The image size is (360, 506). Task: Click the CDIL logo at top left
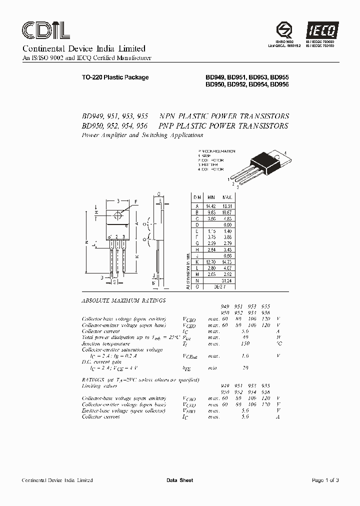[x=45, y=30]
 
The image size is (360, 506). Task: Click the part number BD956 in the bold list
[x=279, y=84]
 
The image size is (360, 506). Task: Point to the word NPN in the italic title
[x=168, y=115]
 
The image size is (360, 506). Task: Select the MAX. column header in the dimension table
[x=227, y=197]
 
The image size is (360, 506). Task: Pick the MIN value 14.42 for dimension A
[x=211, y=205]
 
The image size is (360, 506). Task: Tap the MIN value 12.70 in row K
[x=211, y=262]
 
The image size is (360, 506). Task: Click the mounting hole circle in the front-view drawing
[x=118, y=215]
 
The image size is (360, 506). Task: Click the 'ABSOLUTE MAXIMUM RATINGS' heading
[x=123, y=301]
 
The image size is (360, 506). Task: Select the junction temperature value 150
[x=244, y=343]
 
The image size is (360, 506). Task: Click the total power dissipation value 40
[x=244, y=337]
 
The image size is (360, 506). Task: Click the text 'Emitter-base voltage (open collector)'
[x=123, y=410]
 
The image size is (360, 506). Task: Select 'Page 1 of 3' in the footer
[x=325, y=480]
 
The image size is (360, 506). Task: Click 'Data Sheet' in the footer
[x=179, y=480]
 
